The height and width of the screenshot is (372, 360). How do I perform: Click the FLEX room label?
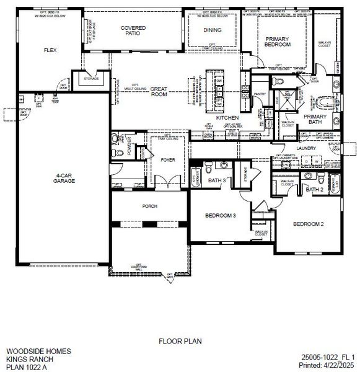(50, 50)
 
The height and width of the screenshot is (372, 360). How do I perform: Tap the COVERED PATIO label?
(133, 31)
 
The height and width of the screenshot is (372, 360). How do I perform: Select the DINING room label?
(213, 30)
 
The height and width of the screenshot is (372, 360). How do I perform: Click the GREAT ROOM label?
(159, 92)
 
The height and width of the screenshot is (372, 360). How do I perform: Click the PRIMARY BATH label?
(315, 120)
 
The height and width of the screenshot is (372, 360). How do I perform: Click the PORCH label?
(149, 206)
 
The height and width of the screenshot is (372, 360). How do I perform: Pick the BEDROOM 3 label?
(221, 216)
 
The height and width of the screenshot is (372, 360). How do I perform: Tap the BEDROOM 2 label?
(309, 223)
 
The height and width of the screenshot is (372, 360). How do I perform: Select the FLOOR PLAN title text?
(180, 340)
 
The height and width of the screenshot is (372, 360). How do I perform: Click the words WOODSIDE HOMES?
(38, 351)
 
